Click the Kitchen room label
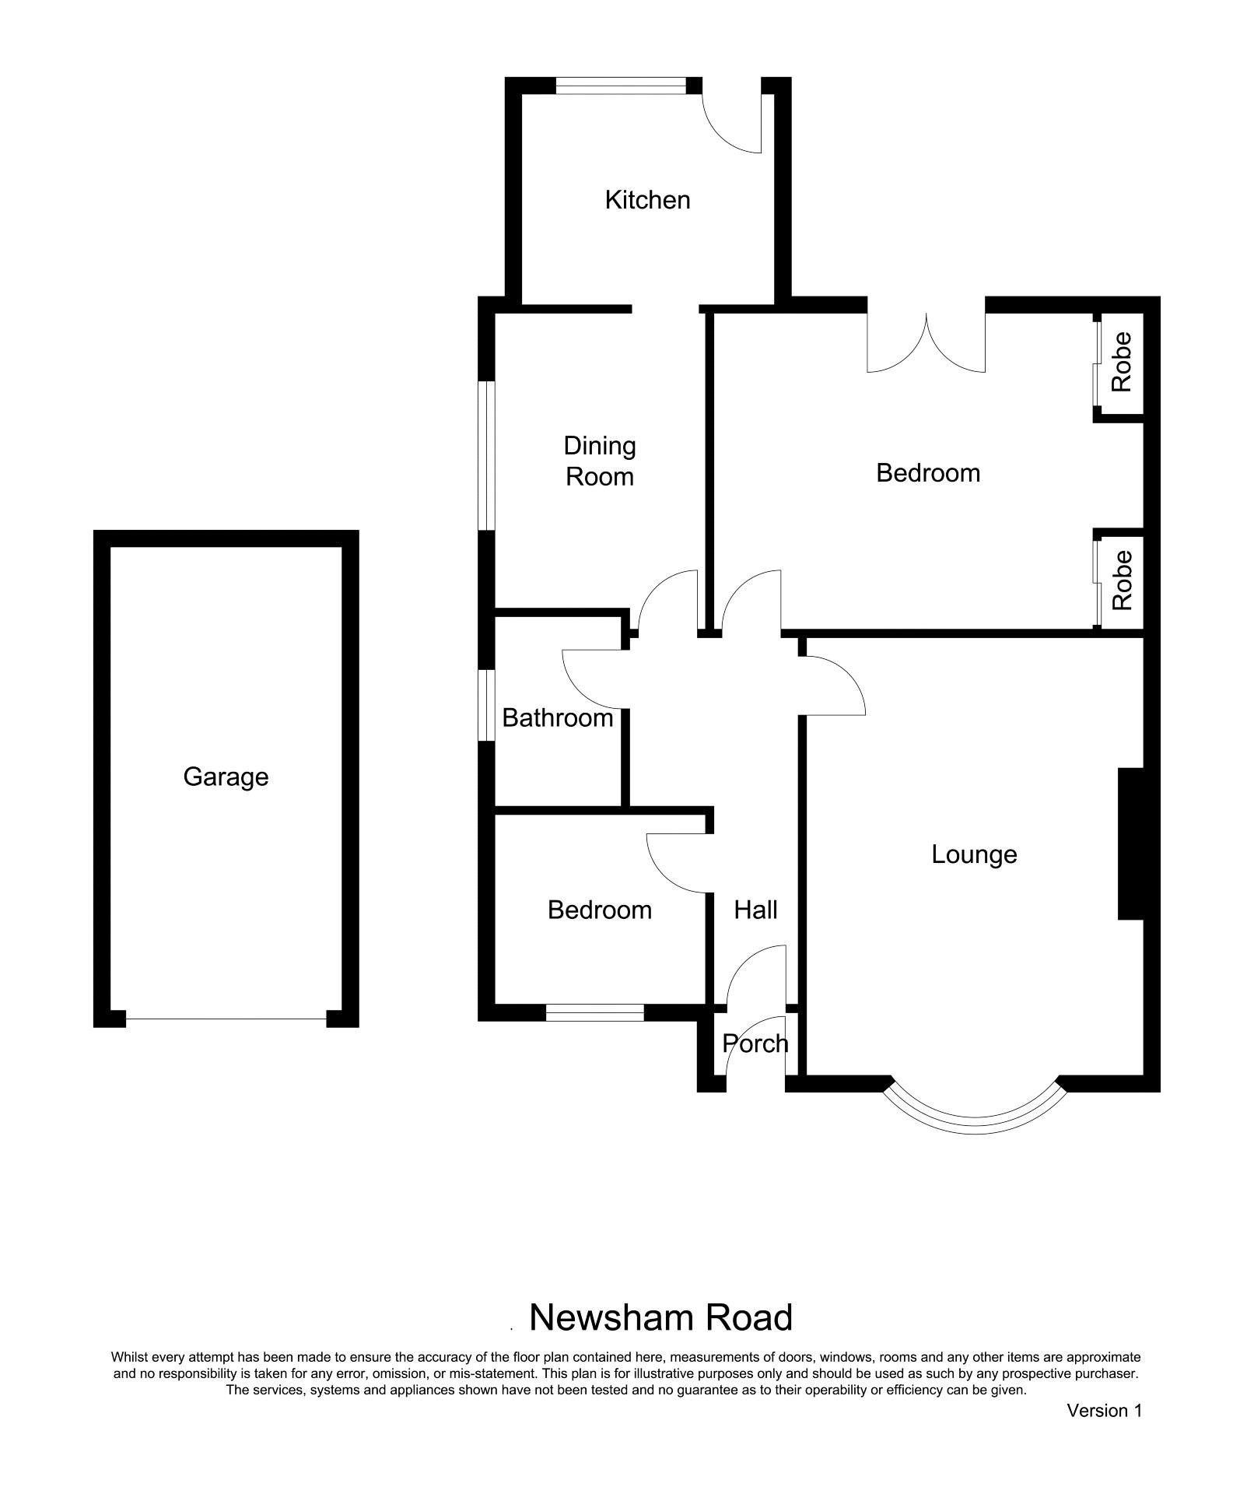pyautogui.click(x=647, y=200)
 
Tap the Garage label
pyautogui.click(x=226, y=777)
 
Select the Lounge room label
pyautogui.click(x=974, y=854)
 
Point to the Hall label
pyautogui.click(x=755, y=910)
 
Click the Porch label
pyautogui.click(x=755, y=1043)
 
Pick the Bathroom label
pyautogui.click(x=558, y=717)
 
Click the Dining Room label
pyautogui.click(x=600, y=461)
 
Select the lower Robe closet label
pyautogui.click(x=1121, y=580)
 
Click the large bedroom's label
pyautogui.click(x=928, y=473)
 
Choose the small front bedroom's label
pyautogui.click(x=600, y=910)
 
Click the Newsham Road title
pyautogui.click(x=660, y=1317)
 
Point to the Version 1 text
pyautogui.click(x=1104, y=1410)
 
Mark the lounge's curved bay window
pyautogui.click(x=974, y=1128)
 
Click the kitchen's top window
pyautogui.click(x=622, y=86)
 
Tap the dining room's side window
pyautogui.click(x=486, y=455)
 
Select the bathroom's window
pyautogui.click(x=486, y=705)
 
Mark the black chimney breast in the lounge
pyautogui.click(x=1130, y=844)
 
